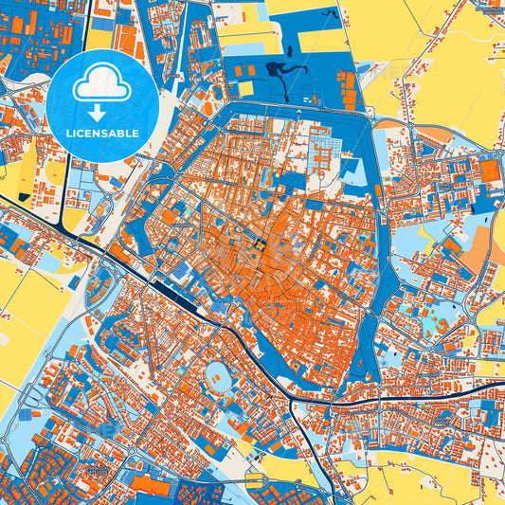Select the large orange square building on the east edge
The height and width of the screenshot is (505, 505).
click(489, 171)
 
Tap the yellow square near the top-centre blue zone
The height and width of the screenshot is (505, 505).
click(245, 88)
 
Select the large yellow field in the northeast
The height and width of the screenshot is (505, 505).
click(445, 57)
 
